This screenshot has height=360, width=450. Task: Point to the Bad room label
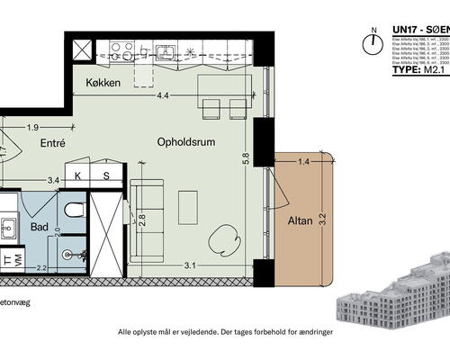click(x=40, y=228)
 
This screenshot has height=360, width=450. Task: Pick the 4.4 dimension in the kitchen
click(x=163, y=95)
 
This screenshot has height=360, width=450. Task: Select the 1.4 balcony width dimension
click(x=302, y=161)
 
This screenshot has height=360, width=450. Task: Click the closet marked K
click(x=78, y=176)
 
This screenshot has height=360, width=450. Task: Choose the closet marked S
click(x=105, y=176)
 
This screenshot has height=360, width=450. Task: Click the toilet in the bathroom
click(x=75, y=211)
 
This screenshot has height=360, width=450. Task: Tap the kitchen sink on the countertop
click(x=166, y=51)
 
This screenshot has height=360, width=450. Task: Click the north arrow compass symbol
click(x=369, y=43)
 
